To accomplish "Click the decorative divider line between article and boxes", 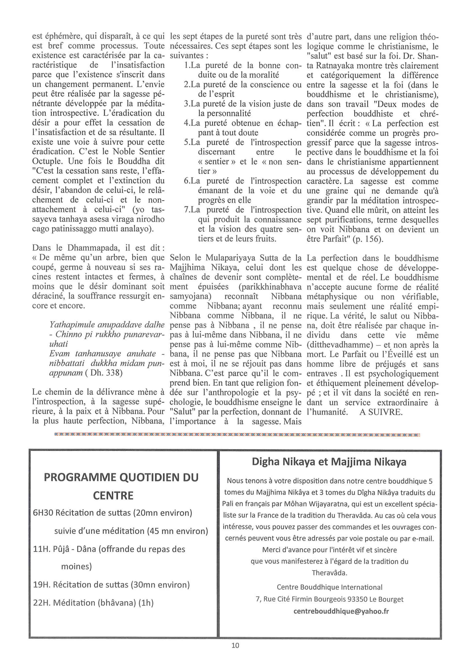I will pyautogui.click(x=237, y=435).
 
